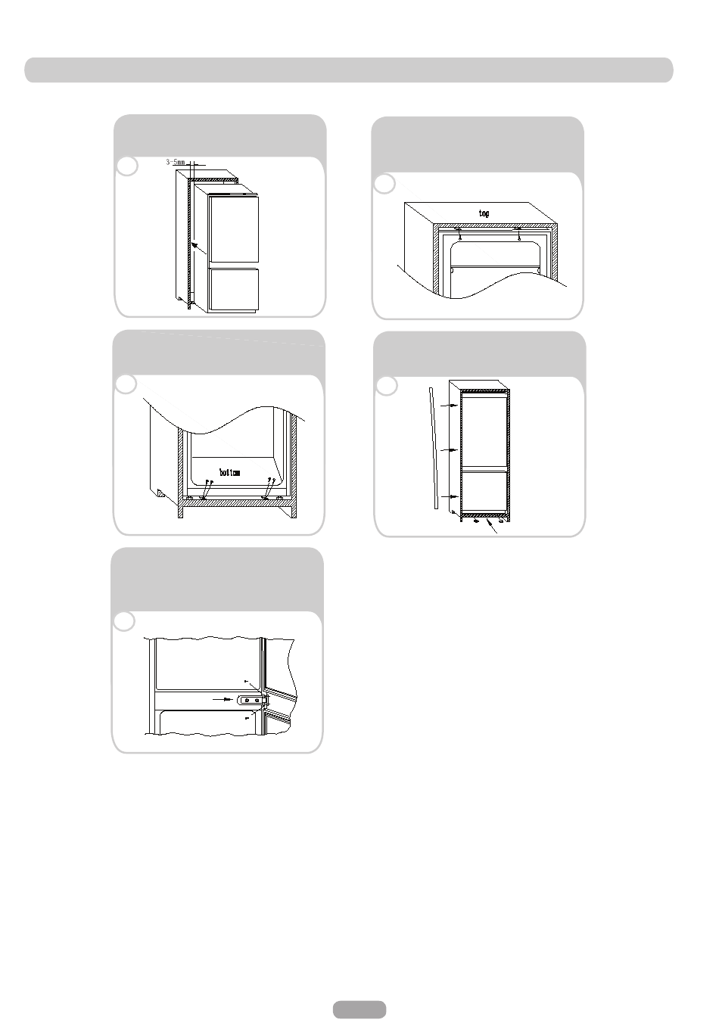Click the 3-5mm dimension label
(176, 162)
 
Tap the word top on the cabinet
(484, 213)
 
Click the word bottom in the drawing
(230, 472)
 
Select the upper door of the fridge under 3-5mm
(233, 228)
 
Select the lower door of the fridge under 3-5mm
(233, 289)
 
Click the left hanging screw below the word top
(459, 235)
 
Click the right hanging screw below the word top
(518, 235)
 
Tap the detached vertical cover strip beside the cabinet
(433, 448)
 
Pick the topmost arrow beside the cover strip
(449, 406)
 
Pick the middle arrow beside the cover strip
(449, 449)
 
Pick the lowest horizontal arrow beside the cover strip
(449, 496)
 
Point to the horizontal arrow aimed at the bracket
(223, 699)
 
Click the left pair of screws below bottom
(207, 489)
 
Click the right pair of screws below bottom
(269, 488)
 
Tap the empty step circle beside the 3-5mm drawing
(127, 166)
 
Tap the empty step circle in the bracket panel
(124, 621)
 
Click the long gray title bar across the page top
(349, 70)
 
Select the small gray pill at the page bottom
(359, 1009)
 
